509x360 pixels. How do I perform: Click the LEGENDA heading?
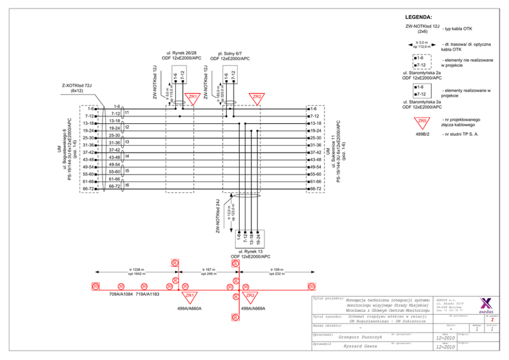pos(418,17)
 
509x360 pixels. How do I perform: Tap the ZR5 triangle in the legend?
pos(422,122)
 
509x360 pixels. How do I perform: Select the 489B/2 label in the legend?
pos(422,134)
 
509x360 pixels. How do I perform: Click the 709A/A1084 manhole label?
pos(121,294)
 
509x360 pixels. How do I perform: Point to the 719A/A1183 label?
pos(148,294)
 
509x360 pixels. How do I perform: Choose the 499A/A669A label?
pos(253,309)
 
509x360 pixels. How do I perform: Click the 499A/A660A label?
pos(189,309)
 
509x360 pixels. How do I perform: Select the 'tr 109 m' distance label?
pos(277,269)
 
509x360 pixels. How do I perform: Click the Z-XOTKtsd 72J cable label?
pos(77,85)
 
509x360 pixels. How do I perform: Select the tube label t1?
pos(127,112)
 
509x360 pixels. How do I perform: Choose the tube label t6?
pos(127,185)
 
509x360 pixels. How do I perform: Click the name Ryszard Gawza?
pos(359,346)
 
